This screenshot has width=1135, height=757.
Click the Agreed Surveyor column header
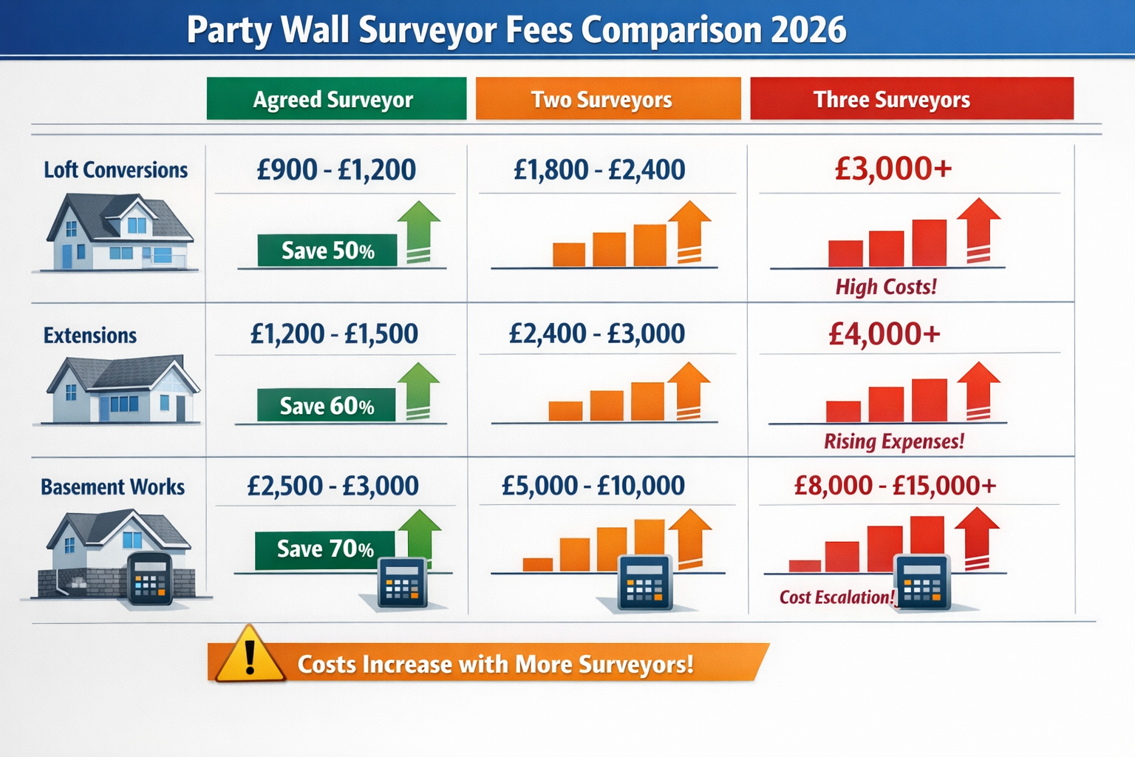tap(336, 99)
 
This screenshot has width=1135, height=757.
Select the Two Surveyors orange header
tap(607, 99)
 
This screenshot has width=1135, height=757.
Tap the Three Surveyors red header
tap(911, 99)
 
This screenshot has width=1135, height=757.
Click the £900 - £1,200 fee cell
tap(336, 170)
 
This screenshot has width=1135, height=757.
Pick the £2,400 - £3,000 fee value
tap(597, 334)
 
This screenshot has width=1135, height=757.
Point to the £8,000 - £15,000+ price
tap(895, 486)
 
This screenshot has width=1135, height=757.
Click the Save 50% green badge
tap(327, 251)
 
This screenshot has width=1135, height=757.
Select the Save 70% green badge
tap(325, 549)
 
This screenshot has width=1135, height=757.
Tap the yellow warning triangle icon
tap(250, 656)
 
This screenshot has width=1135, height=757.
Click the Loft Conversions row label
tap(116, 170)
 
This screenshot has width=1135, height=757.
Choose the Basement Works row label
tap(113, 487)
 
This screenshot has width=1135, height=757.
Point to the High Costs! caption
tap(886, 287)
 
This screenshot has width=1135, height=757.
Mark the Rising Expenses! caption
tap(894, 442)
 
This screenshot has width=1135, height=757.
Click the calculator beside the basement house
tap(150, 578)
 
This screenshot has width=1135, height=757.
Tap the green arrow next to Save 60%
tap(419, 390)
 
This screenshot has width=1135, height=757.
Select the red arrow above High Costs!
tap(978, 230)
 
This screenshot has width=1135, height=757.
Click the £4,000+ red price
tap(885, 334)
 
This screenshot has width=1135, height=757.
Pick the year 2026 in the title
tap(808, 30)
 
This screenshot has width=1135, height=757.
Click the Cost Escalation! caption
tap(836, 597)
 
